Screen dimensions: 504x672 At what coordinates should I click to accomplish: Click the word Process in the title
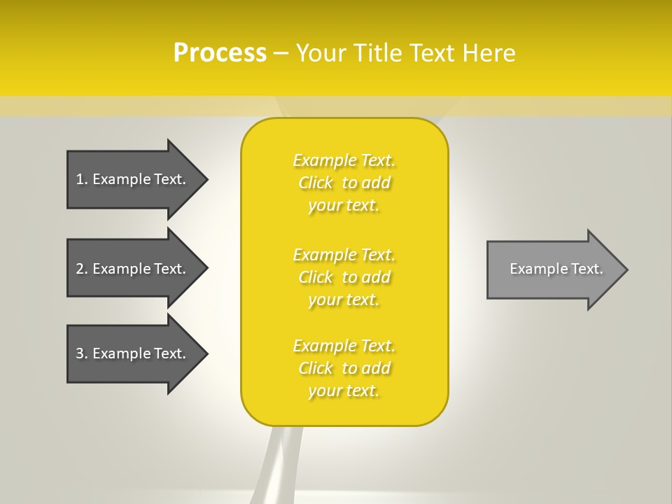[x=220, y=53]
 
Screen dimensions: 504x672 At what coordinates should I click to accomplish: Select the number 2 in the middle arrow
[x=80, y=269]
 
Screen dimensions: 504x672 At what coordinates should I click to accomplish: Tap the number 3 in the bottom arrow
[x=80, y=353]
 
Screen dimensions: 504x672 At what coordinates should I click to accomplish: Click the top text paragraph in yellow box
[x=344, y=183]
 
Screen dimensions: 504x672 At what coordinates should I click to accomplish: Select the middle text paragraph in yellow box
[x=344, y=277]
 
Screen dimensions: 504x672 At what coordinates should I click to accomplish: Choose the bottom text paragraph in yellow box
[x=344, y=368]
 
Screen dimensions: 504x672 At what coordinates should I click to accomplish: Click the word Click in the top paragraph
[x=316, y=183]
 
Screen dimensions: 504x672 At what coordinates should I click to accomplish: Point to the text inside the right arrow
[x=556, y=269]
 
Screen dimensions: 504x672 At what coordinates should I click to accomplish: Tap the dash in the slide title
[x=281, y=53]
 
